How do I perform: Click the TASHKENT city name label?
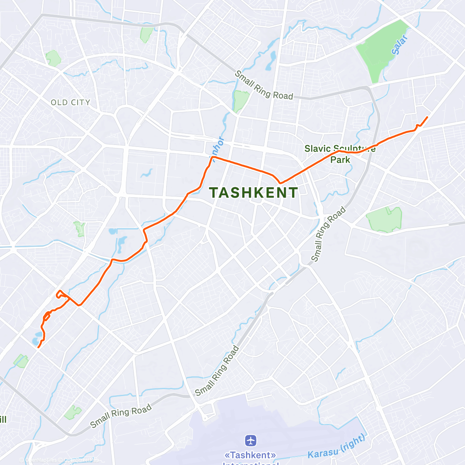pos(253,193)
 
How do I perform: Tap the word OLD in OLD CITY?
pos(59,103)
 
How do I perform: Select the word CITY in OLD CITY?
pos(80,103)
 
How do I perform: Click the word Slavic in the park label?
pos(317,148)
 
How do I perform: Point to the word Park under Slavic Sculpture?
pos(340,160)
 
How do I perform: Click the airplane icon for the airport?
pos(251,441)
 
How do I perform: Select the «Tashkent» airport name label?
pos(251,455)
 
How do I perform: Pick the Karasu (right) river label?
pos(337,447)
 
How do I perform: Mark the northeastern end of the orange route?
pos(427,117)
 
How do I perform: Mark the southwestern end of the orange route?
pos(38,347)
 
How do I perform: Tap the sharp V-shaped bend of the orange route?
pos(280,183)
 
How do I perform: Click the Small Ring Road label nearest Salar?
pos(264,85)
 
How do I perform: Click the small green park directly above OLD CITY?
pos(53,58)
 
